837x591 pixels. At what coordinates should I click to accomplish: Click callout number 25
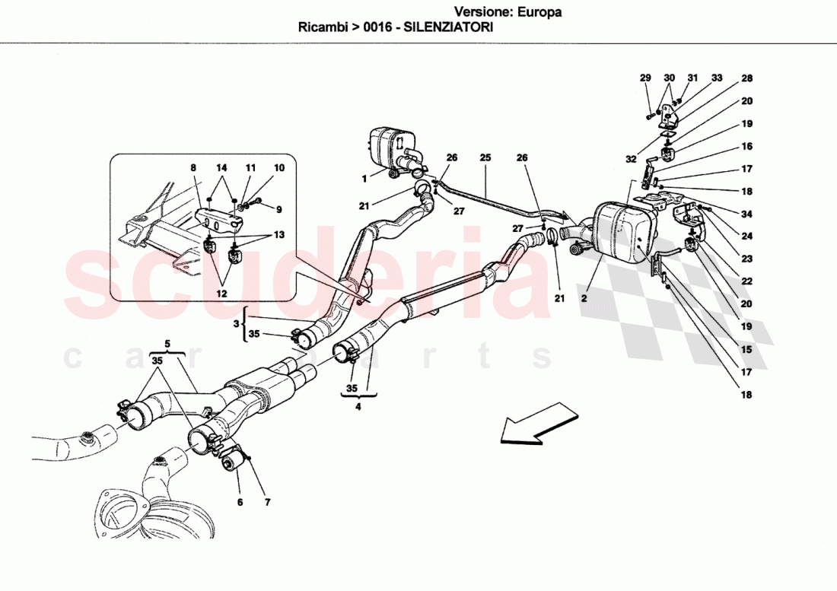485,158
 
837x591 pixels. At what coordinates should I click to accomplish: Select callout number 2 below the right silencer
584,299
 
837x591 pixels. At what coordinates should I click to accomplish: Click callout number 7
267,503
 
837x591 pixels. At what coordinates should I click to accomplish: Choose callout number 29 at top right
645,78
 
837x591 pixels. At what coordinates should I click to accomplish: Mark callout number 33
717,78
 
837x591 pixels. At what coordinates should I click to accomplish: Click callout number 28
747,78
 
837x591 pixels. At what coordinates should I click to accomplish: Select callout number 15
747,350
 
